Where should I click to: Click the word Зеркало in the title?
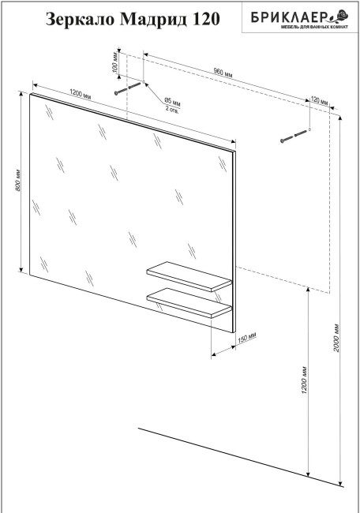click(81, 19)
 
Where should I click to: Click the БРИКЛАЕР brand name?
click(289, 17)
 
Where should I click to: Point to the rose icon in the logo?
click(339, 15)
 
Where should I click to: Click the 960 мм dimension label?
click(223, 73)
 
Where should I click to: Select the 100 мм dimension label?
click(115, 62)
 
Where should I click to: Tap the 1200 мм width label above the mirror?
click(81, 94)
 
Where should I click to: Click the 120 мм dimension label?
click(319, 100)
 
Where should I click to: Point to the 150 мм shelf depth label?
click(247, 338)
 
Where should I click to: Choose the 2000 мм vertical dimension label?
click(337, 338)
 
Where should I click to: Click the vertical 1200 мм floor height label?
click(305, 380)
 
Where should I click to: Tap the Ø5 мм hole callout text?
click(172, 101)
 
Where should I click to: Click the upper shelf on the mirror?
click(189, 276)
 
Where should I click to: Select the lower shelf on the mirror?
click(189, 303)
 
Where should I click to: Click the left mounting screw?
click(128, 88)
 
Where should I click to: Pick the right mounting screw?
click(294, 137)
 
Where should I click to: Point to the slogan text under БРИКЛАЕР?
click(315, 27)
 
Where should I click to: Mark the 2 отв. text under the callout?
click(172, 109)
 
